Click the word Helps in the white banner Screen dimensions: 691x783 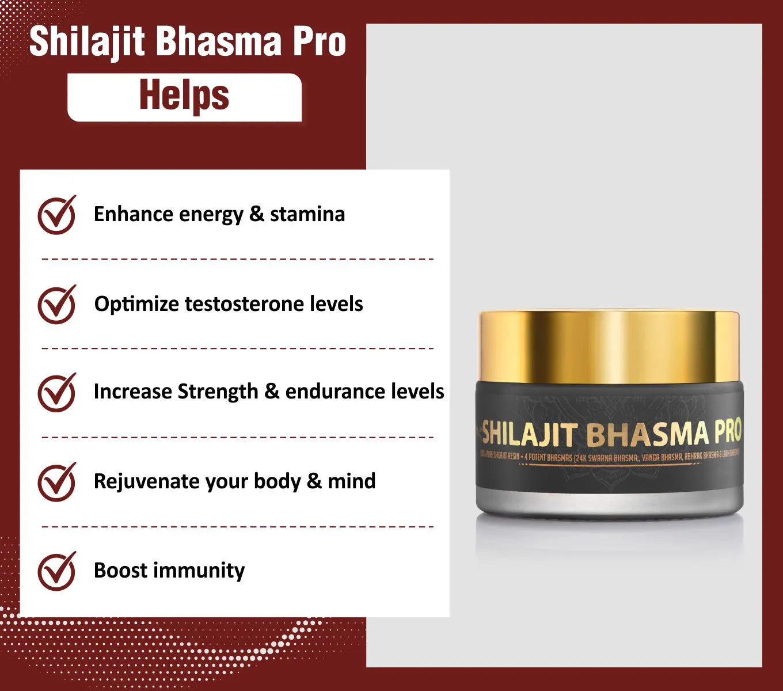tap(184, 96)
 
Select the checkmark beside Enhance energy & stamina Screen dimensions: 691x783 tap(56, 215)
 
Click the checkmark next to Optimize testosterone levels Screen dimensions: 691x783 tap(56, 304)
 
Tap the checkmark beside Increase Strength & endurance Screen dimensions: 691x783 tap(56, 392)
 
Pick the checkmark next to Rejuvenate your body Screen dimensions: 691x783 tap(56, 481)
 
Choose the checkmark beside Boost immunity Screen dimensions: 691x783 tap(56, 571)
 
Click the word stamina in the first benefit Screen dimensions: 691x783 tap(307, 214)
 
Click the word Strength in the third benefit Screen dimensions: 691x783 tap(218, 392)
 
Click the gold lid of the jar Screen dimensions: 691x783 tap(609, 345)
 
